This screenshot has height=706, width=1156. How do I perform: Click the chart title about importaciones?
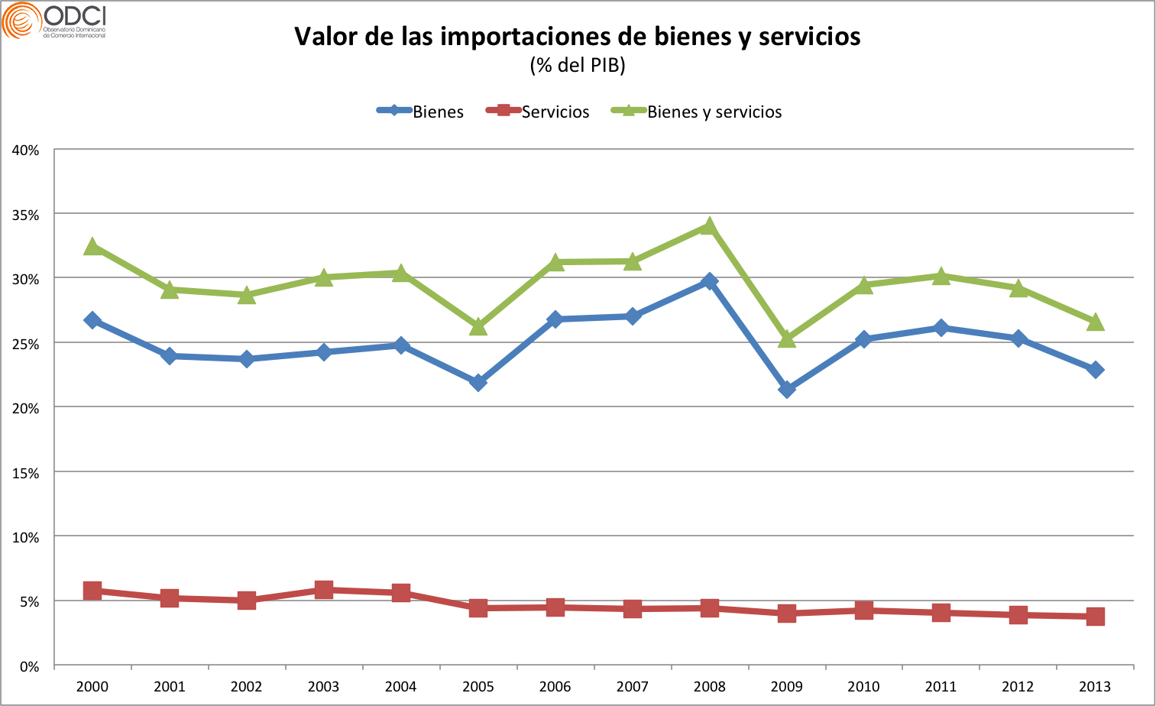pyautogui.click(x=578, y=36)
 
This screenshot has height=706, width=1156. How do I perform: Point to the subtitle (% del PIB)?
pyautogui.click(x=578, y=66)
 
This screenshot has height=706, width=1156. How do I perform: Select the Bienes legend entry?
pyautogui.click(x=421, y=112)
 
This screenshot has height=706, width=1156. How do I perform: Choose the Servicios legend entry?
pyautogui.click(x=539, y=112)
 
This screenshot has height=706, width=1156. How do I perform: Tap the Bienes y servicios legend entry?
pyautogui.click(x=697, y=112)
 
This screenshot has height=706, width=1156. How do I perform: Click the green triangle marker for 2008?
pyautogui.click(x=710, y=226)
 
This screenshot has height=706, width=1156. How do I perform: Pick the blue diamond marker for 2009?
pyautogui.click(x=787, y=390)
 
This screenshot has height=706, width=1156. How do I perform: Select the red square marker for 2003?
pyautogui.click(x=324, y=590)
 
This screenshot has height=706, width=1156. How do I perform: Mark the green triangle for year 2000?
pyautogui.click(x=92, y=247)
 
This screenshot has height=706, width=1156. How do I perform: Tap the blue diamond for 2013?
pyautogui.click(x=1095, y=370)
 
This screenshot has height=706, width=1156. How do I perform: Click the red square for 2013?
pyautogui.click(x=1095, y=617)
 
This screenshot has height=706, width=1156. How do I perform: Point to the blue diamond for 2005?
pyautogui.click(x=478, y=382)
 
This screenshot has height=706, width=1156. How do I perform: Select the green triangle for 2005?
pyautogui.click(x=478, y=327)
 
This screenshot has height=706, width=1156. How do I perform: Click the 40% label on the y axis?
pyautogui.click(x=26, y=151)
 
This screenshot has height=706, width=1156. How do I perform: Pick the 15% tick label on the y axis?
pyautogui.click(x=26, y=474)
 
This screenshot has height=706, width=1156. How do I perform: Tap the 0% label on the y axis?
pyautogui.click(x=29, y=667)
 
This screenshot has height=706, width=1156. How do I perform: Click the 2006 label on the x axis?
pyautogui.click(x=555, y=687)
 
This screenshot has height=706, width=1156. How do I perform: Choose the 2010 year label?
pyautogui.click(x=863, y=687)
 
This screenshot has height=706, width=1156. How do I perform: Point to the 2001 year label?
pyautogui.click(x=170, y=687)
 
